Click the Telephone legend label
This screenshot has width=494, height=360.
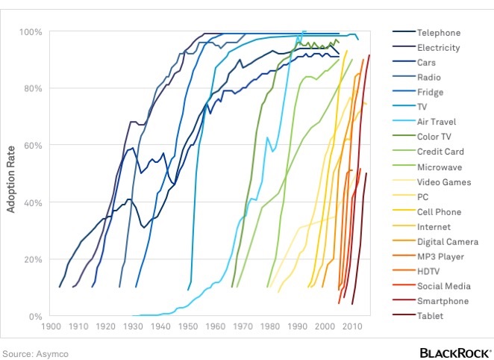[439, 33]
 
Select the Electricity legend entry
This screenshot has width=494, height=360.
[439, 48]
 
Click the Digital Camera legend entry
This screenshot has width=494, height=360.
[448, 241]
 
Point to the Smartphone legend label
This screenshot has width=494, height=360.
[443, 301]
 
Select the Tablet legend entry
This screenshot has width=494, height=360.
[431, 316]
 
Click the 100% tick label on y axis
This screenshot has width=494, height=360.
[31, 32]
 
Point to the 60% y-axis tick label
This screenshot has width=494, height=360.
[34, 146]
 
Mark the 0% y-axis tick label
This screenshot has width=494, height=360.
[36, 316]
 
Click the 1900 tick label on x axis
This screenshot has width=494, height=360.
[51, 326]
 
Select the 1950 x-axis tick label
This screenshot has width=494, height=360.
[187, 326]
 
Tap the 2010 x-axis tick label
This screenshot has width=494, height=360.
[351, 326]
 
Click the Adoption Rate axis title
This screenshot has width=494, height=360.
[12, 175]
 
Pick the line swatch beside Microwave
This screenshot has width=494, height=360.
[404, 167]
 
